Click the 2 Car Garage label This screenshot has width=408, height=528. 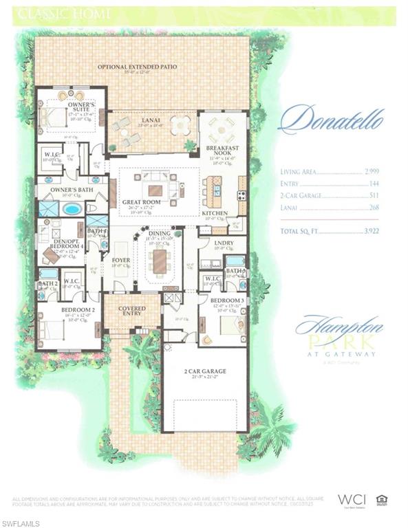(204, 371)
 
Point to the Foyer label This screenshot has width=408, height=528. (121, 261)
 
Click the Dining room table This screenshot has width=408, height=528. (160, 260)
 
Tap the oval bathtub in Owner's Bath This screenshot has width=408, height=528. (72, 208)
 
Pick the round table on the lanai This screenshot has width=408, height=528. (181, 126)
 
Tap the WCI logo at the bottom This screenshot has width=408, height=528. (350, 500)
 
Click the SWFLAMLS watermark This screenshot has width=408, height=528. (20, 523)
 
